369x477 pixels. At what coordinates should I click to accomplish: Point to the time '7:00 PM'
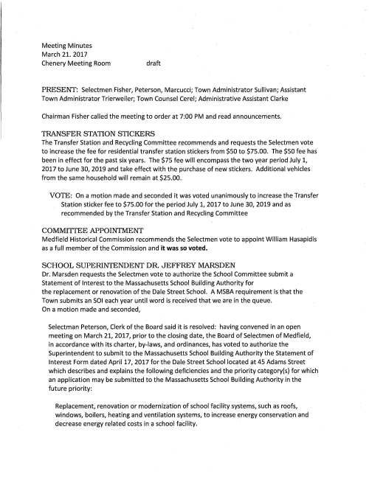[210, 116]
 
